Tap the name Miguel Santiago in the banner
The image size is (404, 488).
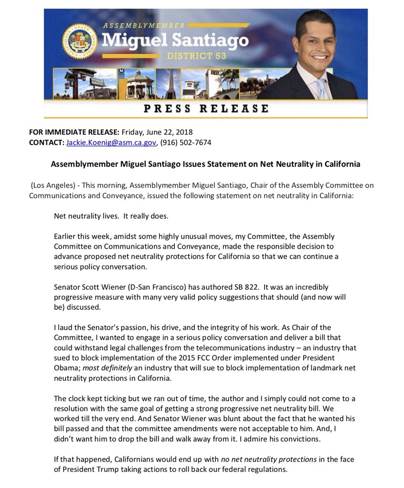point(175,40)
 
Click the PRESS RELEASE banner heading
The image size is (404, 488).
point(206,108)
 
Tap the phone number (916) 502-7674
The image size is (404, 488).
point(186,142)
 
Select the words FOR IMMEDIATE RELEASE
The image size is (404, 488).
point(74,132)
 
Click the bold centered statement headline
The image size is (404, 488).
point(205,164)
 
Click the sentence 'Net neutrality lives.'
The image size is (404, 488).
point(86,215)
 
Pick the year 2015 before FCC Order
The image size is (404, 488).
point(191,357)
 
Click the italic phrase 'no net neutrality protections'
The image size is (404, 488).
point(269,459)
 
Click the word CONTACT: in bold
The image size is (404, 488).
point(46,142)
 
